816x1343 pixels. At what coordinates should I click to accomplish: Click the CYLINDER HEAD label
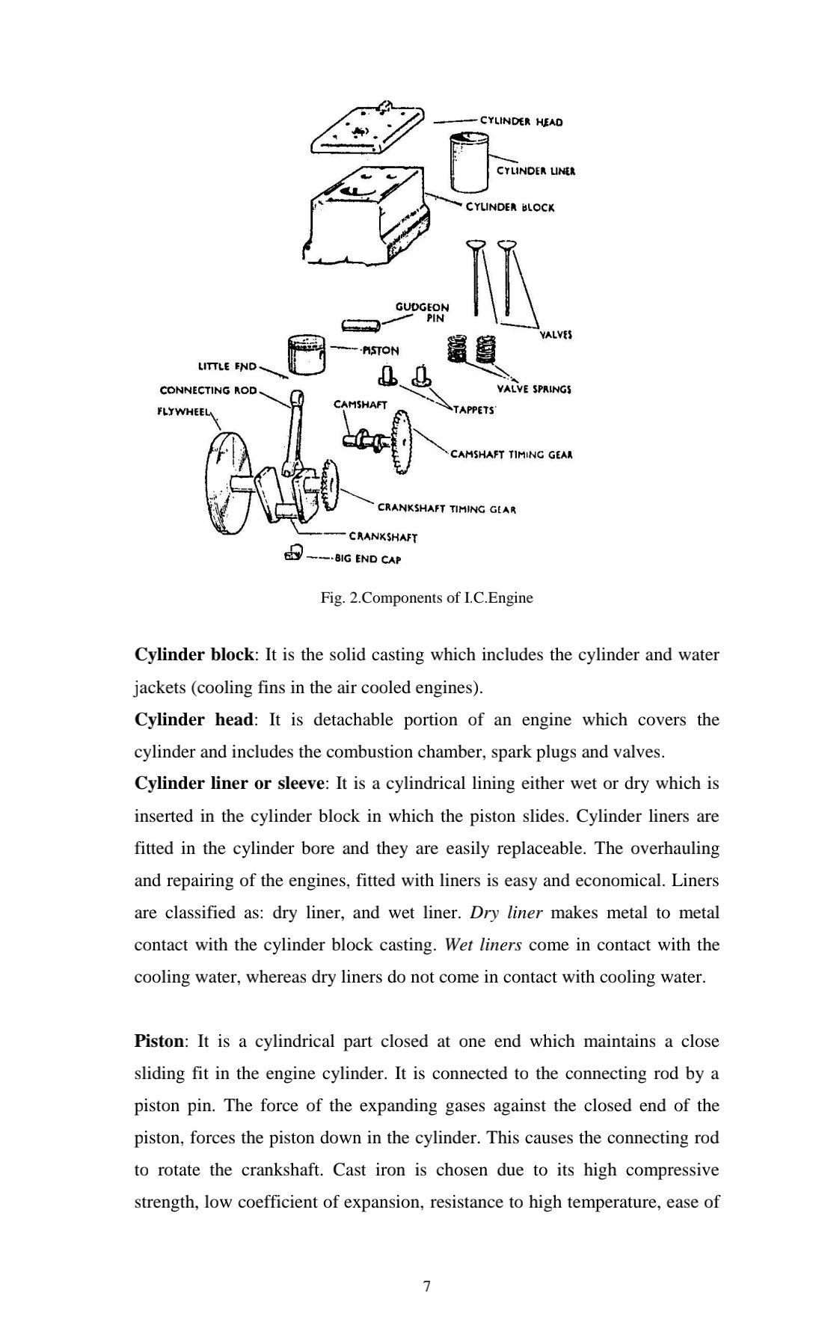tap(521, 121)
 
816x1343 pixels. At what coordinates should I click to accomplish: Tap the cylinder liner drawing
tap(469, 160)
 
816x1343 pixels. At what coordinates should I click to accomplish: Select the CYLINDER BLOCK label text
tap(510, 207)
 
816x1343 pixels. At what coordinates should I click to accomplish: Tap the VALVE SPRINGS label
tap(534, 389)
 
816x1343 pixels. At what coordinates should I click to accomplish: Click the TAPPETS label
tap(474, 411)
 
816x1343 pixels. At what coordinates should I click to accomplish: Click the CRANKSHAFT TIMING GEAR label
tap(447, 509)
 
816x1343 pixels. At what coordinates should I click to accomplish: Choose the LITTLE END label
tap(227, 366)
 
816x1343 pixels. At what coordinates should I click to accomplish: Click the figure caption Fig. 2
tap(426, 598)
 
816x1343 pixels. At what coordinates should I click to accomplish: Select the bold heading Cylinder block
tap(194, 655)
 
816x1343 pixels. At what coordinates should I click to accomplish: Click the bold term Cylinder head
tap(194, 719)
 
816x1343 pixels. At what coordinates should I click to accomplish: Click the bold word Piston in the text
tap(159, 1041)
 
